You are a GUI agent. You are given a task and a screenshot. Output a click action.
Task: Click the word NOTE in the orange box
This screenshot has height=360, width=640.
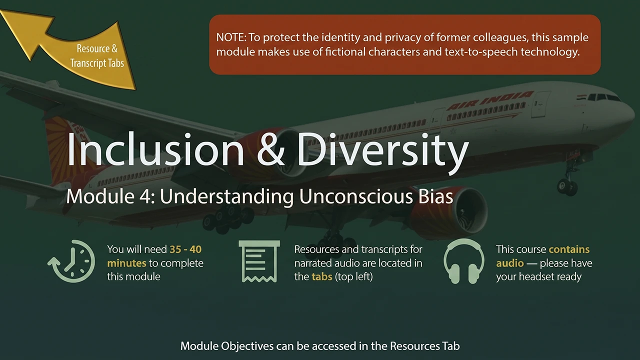point(231,37)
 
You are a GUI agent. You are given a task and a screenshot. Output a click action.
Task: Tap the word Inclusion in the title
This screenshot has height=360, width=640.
point(155,149)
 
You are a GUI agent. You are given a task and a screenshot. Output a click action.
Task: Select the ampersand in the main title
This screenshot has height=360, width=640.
point(270,149)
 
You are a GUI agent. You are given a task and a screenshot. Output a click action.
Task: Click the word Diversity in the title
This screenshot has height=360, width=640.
point(383,153)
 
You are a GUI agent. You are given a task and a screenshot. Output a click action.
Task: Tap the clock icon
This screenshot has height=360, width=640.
point(71,261)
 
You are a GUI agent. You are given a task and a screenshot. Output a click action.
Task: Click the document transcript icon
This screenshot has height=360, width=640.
point(259,261)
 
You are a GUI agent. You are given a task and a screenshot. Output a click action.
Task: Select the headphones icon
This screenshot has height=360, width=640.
point(463,261)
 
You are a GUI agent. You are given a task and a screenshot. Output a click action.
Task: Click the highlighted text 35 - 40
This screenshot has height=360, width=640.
point(185,249)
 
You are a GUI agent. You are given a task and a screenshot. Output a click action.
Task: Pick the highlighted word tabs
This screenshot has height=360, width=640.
point(322,277)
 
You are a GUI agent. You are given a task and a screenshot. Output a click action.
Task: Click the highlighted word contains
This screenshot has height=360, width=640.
point(569,249)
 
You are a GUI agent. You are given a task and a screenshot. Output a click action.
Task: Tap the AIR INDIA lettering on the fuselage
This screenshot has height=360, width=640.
point(489,100)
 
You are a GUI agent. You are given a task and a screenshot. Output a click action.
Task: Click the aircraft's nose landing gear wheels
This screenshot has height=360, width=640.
point(567,186)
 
